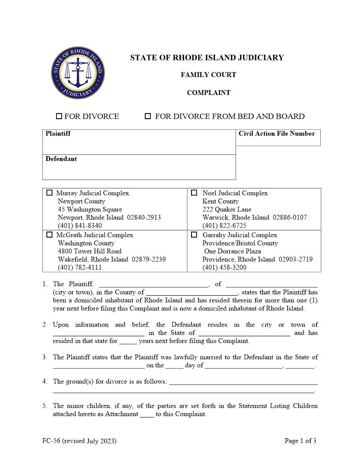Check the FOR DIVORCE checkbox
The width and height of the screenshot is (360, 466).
pyautogui.click(x=59, y=116)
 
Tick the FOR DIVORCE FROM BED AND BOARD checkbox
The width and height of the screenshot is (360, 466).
pyautogui.click(x=148, y=116)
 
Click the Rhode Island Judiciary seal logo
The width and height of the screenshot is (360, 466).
pyautogui.click(x=78, y=73)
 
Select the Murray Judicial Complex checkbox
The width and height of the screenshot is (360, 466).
pyautogui.click(x=49, y=193)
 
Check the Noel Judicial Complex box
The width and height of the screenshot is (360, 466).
pyautogui.click(x=194, y=193)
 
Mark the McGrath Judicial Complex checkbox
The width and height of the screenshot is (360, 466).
pyautogui.click(x=49, y=235)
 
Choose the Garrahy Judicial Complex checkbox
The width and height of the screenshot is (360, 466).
pyautogui.click(x=194, y=235)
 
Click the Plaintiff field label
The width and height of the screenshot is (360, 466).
pyautogui.click(x=58, y=134)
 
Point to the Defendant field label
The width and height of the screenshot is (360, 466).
pyautogui.click(x=61, y=159)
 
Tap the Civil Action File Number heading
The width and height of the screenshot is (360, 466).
pyautogui.click(x=277, y=134)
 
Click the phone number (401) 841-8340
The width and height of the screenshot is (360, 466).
pyautogui.click(x=80, y=225)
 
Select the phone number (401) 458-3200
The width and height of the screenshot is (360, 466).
pyautogui.click(x=225, y=267)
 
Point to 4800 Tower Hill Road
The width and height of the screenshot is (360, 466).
pyautogui.click(x=90, y=251)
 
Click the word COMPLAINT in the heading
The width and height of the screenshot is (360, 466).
pyautogui.click(x=208, y=93)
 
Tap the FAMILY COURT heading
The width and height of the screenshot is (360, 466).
pyautogui.click(x=208, y=75)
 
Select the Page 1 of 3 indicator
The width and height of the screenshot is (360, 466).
pyautogui.click(x=300, y=440)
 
